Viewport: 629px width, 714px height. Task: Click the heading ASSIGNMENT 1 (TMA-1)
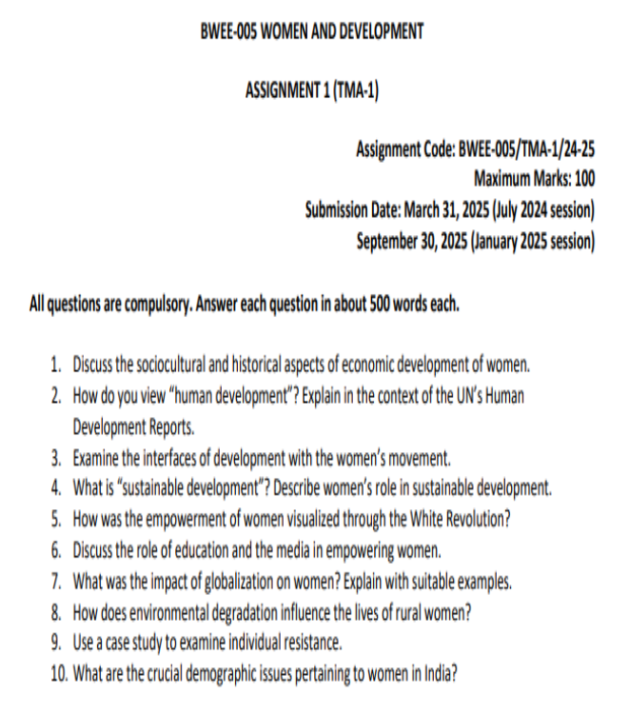pos(314,90)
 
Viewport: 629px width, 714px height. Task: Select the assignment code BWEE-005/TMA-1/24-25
pos(527,149)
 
